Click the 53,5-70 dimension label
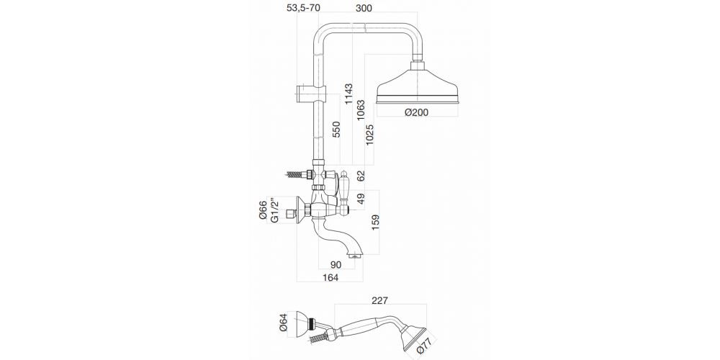click(x=303, y=8)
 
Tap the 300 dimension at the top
click(x=364, y=8)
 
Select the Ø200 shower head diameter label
click(x=416, y=112)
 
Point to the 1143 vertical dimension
click(x=348, y=94)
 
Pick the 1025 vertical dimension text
click(x=371, y=135)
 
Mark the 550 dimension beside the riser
click(x=336, y=130)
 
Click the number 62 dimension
click(x=361, y=176)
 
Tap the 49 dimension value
click(x=361, y=199)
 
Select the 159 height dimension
click(x=376, y=222)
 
